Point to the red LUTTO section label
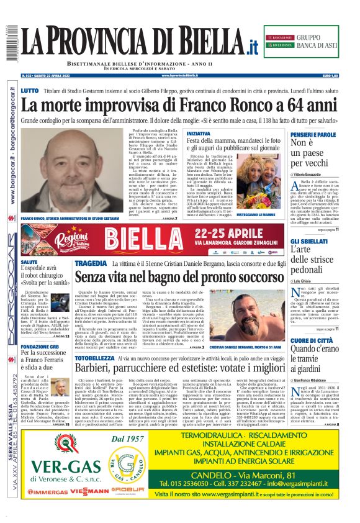[30, 91]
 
